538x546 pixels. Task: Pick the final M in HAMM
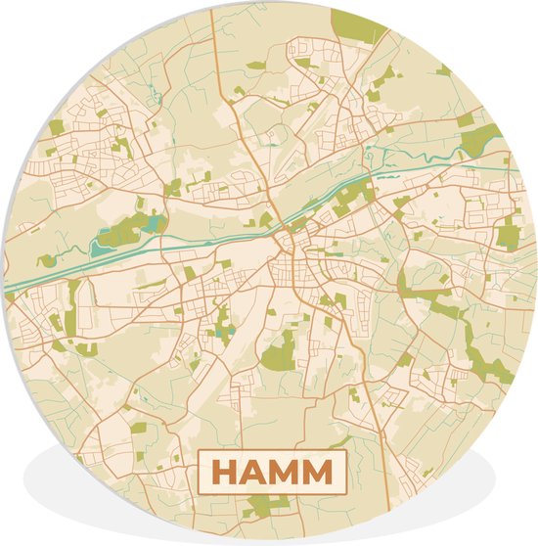click(319, 473)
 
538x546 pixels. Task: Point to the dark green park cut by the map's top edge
click(359, 24)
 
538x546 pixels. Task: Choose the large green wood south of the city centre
click(279, 347)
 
